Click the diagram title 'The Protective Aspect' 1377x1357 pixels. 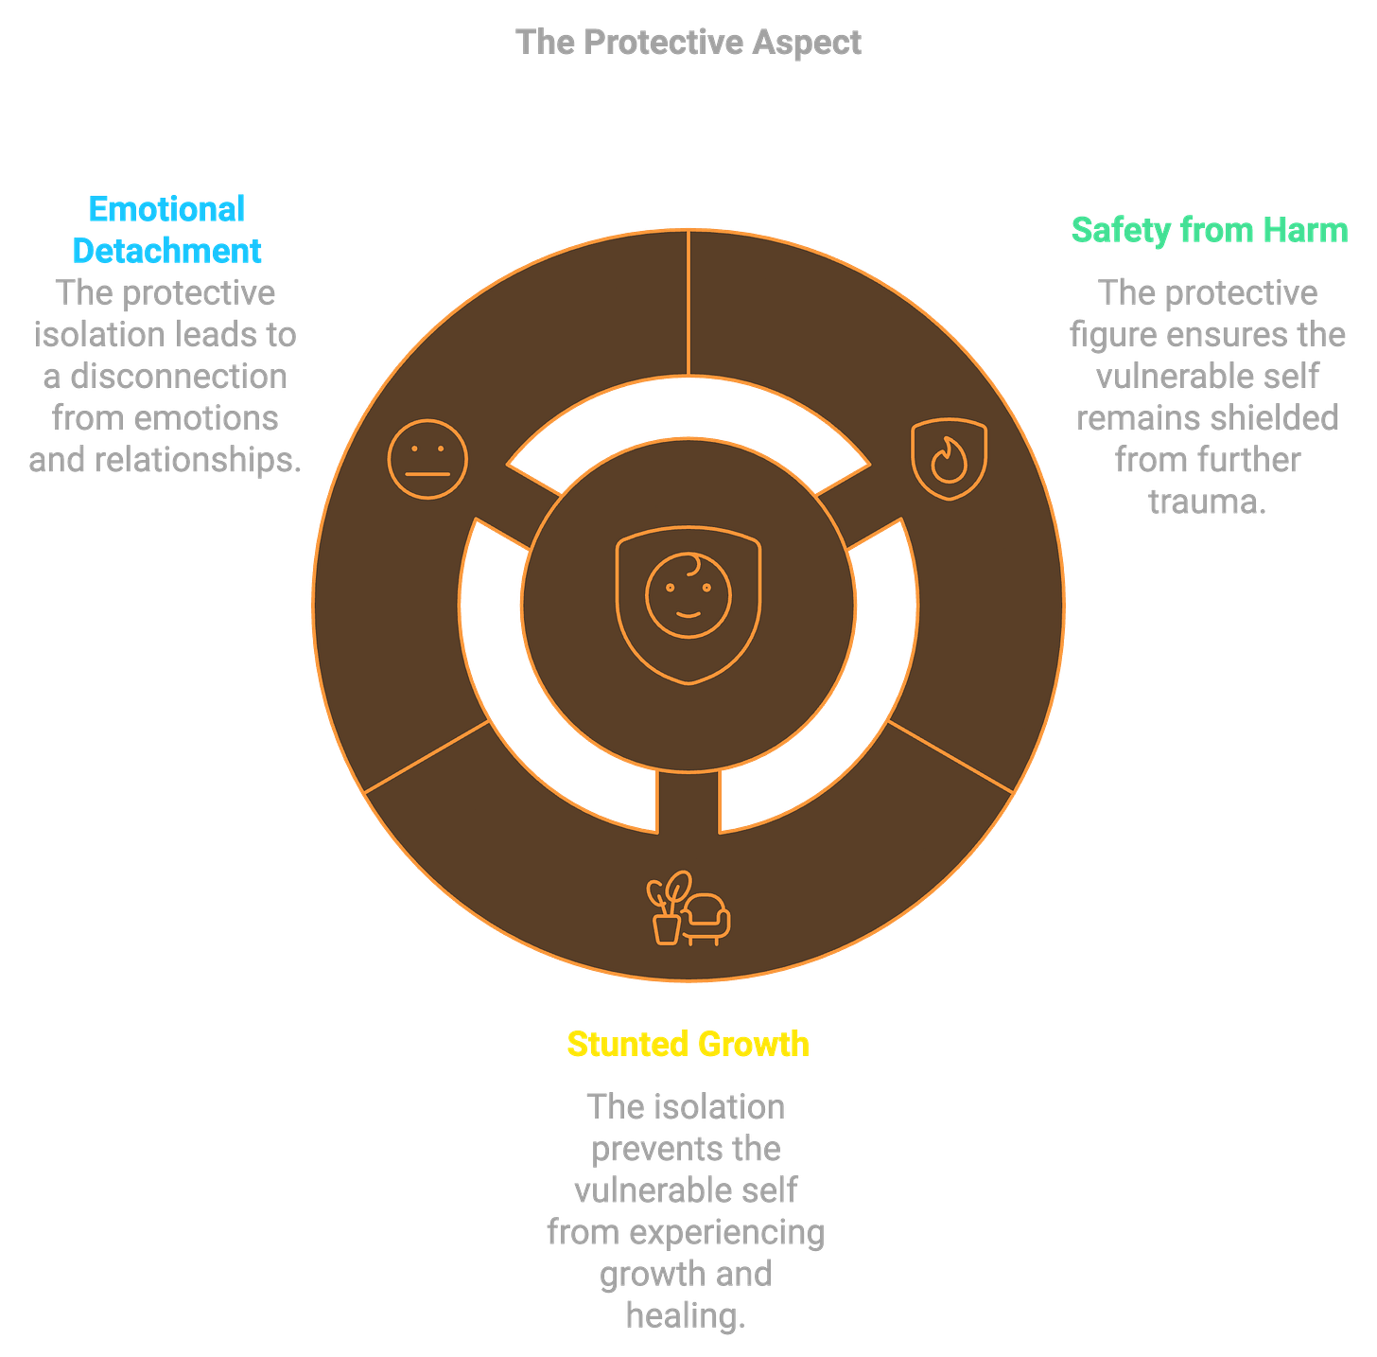688,43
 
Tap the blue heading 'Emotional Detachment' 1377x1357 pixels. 166,229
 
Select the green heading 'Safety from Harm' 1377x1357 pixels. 1209,230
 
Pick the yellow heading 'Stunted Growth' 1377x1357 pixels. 688,1043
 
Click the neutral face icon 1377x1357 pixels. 427,459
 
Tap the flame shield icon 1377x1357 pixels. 949,459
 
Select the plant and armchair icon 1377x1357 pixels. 688,909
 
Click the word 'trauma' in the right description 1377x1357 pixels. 1205,502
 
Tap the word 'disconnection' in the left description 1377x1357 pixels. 179,377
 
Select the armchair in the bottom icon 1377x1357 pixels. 706,918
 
